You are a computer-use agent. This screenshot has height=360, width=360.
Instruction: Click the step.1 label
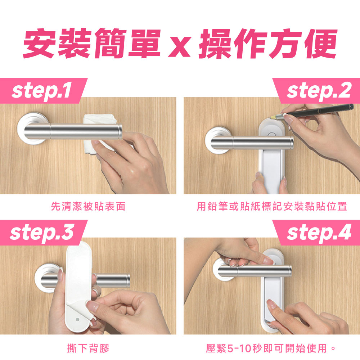click(41, 91)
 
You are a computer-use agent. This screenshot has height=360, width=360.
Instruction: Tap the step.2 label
click(319, 91)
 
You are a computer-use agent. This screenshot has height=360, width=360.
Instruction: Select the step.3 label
click(42, 233)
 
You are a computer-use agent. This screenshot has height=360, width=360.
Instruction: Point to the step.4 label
click(319, 233)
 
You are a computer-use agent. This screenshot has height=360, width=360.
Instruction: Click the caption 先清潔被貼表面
click(88, 206)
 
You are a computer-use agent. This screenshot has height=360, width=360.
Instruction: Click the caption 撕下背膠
click(88, 348)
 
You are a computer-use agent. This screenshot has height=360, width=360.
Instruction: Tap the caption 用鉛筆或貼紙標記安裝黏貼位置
click(272, 206)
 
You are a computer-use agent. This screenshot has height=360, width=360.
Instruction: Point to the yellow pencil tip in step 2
click(274, 117)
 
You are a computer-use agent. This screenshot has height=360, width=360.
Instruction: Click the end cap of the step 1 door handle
click(120, 131)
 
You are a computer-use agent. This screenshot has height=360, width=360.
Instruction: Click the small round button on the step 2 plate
click(271, 134)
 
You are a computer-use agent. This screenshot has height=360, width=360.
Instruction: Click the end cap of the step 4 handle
click(289, 271)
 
